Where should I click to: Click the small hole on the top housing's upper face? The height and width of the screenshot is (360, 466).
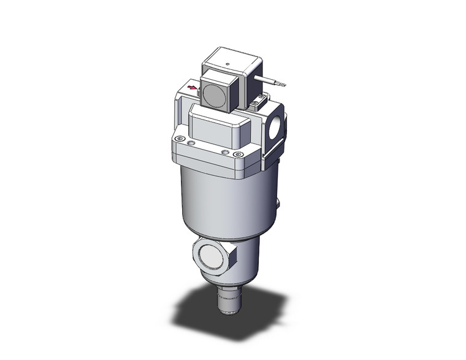(227, 63)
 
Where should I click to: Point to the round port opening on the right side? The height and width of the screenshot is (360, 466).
(277, 126)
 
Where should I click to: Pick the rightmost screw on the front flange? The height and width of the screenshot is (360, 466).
(239, 155)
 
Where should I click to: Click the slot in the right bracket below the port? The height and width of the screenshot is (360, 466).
(273, 153)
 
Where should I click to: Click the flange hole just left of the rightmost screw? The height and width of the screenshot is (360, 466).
(226, 152)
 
